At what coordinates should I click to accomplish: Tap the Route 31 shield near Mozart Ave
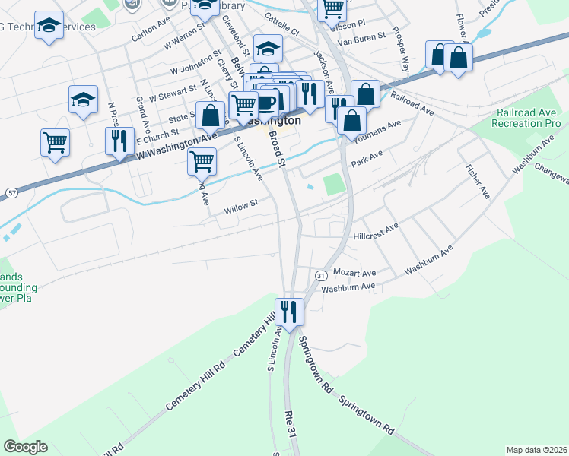tap(321, 274)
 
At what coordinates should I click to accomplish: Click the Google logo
tap(25, 447)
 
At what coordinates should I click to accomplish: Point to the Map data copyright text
tap(537, 450)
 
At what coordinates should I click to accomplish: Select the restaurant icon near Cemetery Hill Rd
tap(289, 312)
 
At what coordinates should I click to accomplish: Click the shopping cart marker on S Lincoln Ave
tap(202, 161)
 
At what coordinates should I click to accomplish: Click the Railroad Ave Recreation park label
tap(529, 117)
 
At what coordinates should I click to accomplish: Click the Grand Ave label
tap(141, 112)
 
